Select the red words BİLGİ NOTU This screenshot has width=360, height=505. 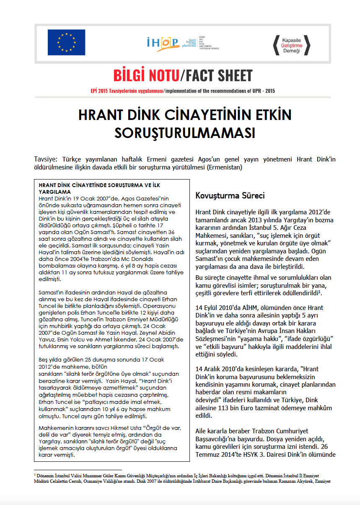tap(146, 75)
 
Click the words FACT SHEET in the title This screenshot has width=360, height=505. tap(218, 75)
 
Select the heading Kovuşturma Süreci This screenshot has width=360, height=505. tap(230, 195)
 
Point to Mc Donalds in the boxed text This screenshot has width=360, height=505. tap(152, 260)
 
